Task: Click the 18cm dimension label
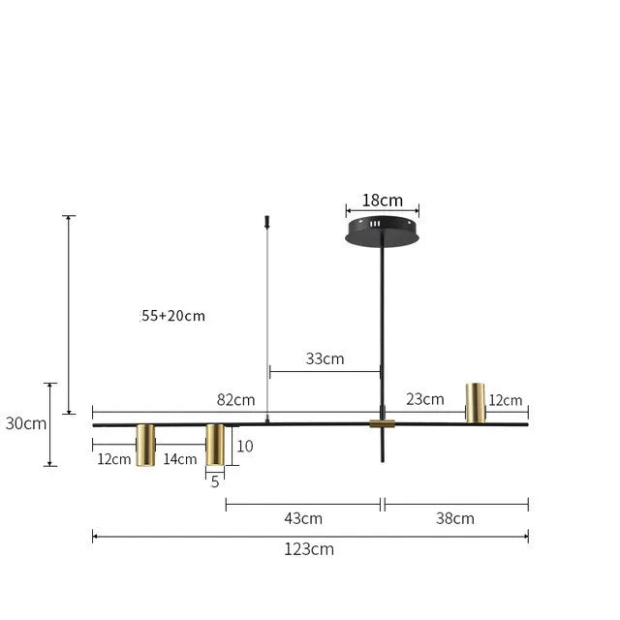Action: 382,201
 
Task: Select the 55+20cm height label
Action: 173,316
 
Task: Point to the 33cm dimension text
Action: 325,358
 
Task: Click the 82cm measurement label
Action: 235,399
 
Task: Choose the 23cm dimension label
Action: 425,398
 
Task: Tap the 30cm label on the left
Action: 25,423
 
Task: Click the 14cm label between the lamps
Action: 180,459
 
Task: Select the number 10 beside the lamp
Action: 245,447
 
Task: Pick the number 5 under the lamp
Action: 215,480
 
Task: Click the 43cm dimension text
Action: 303,517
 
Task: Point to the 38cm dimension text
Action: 455,517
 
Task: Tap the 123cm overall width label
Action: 310,549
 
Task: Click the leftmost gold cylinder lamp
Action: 145,446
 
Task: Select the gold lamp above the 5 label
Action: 215,444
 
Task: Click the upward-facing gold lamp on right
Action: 475,402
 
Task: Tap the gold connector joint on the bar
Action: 382,424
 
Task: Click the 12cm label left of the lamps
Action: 113,459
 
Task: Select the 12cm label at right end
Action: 506,400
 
